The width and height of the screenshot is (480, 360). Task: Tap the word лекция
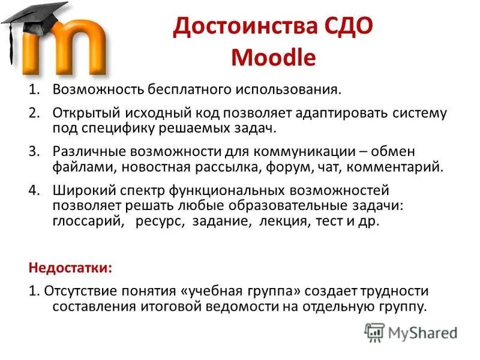(284, 221)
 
